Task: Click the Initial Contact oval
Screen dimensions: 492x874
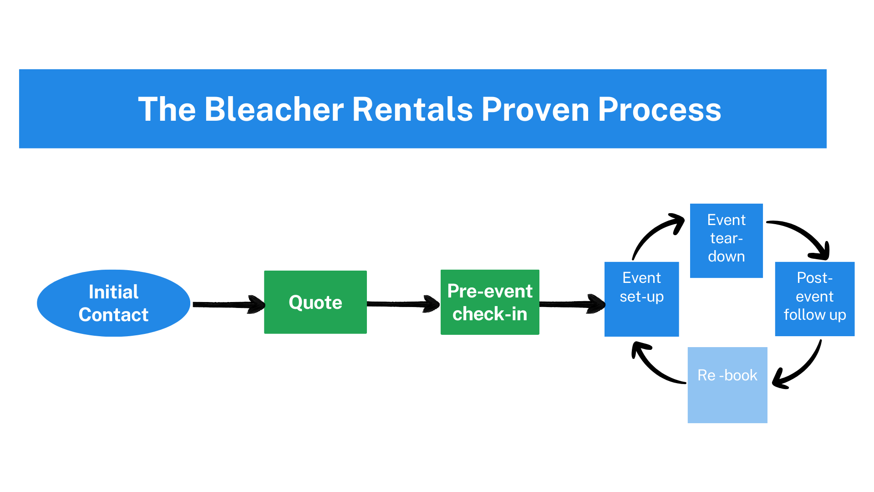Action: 113,303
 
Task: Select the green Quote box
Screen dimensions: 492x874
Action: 315,302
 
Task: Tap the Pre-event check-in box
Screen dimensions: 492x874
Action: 490,302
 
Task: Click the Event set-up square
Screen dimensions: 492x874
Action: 641,299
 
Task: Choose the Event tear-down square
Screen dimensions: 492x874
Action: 726,240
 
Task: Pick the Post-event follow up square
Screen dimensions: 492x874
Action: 814,299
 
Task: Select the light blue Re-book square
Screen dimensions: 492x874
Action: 727,385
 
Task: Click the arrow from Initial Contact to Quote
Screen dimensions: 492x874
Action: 228,304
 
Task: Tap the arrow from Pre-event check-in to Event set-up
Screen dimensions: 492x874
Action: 572,304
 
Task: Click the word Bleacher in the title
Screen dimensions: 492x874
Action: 274,109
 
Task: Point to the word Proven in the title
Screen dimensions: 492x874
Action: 535,109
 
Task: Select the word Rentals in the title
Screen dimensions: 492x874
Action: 412,109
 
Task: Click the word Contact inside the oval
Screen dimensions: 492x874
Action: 113,315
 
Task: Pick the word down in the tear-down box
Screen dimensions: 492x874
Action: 726,256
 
